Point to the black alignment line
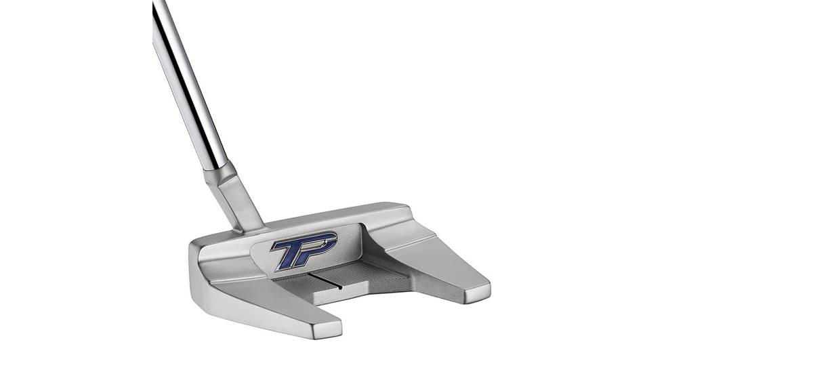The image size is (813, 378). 325,280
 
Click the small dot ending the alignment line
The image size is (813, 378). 340,289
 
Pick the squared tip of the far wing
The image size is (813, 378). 477,293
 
